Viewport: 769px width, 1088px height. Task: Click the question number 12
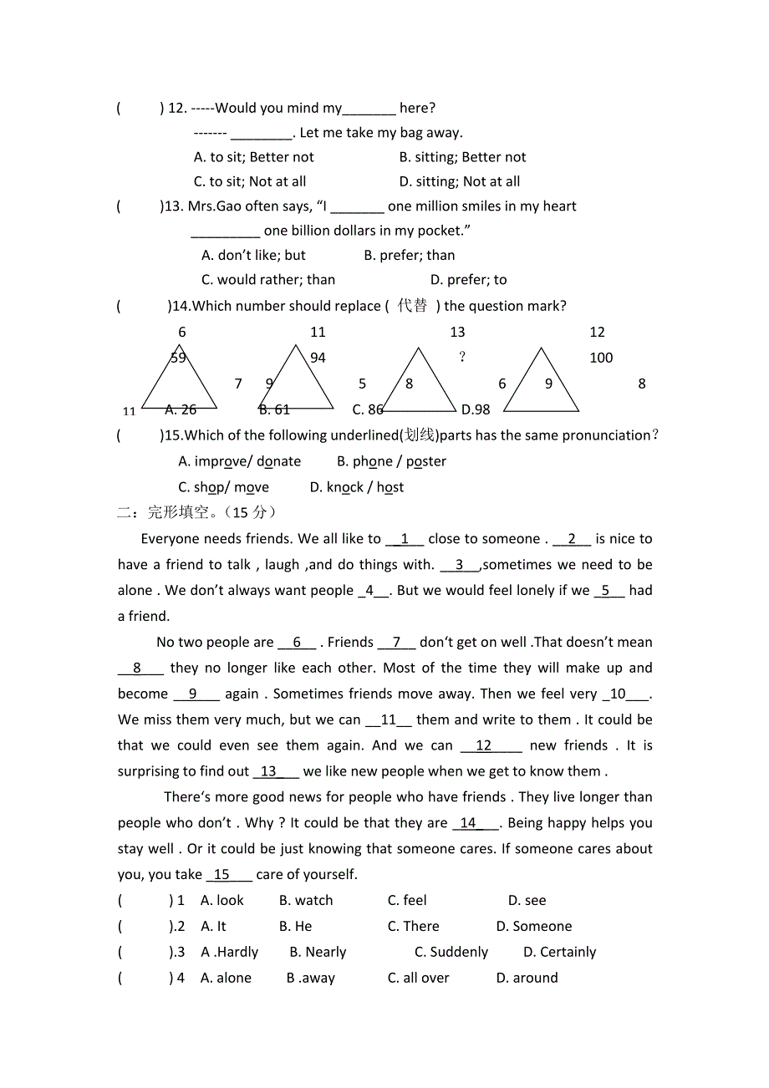click(x=177, y=108)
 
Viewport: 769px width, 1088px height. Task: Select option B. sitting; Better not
click(x=462, y=157)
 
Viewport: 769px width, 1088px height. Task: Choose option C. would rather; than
click(x=268, y=280)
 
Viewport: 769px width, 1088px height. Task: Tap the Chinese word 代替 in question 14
click(x=412, y=306)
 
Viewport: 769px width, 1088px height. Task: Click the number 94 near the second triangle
click(x=318, y=358)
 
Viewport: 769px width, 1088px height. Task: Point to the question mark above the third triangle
click(x=462, y=358)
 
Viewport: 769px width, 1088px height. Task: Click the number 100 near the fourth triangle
click(x=601, y=358)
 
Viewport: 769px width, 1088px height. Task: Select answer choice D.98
click(x=476, y=409)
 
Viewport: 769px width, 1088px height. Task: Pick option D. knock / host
click(x=357, y=487)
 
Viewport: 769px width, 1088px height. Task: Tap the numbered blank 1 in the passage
click(x=405, y=539)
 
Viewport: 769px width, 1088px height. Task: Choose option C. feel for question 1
click(x=407, y=900)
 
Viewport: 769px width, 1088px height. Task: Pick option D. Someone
click(x=533, y=926)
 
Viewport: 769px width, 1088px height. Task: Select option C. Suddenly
click(x=451, y=952)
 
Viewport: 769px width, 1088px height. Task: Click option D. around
click(x=527, y=978)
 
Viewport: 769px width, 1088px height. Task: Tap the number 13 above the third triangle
click(x=457, y=332)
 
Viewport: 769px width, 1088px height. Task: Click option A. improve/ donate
click(x=240, y=461)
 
